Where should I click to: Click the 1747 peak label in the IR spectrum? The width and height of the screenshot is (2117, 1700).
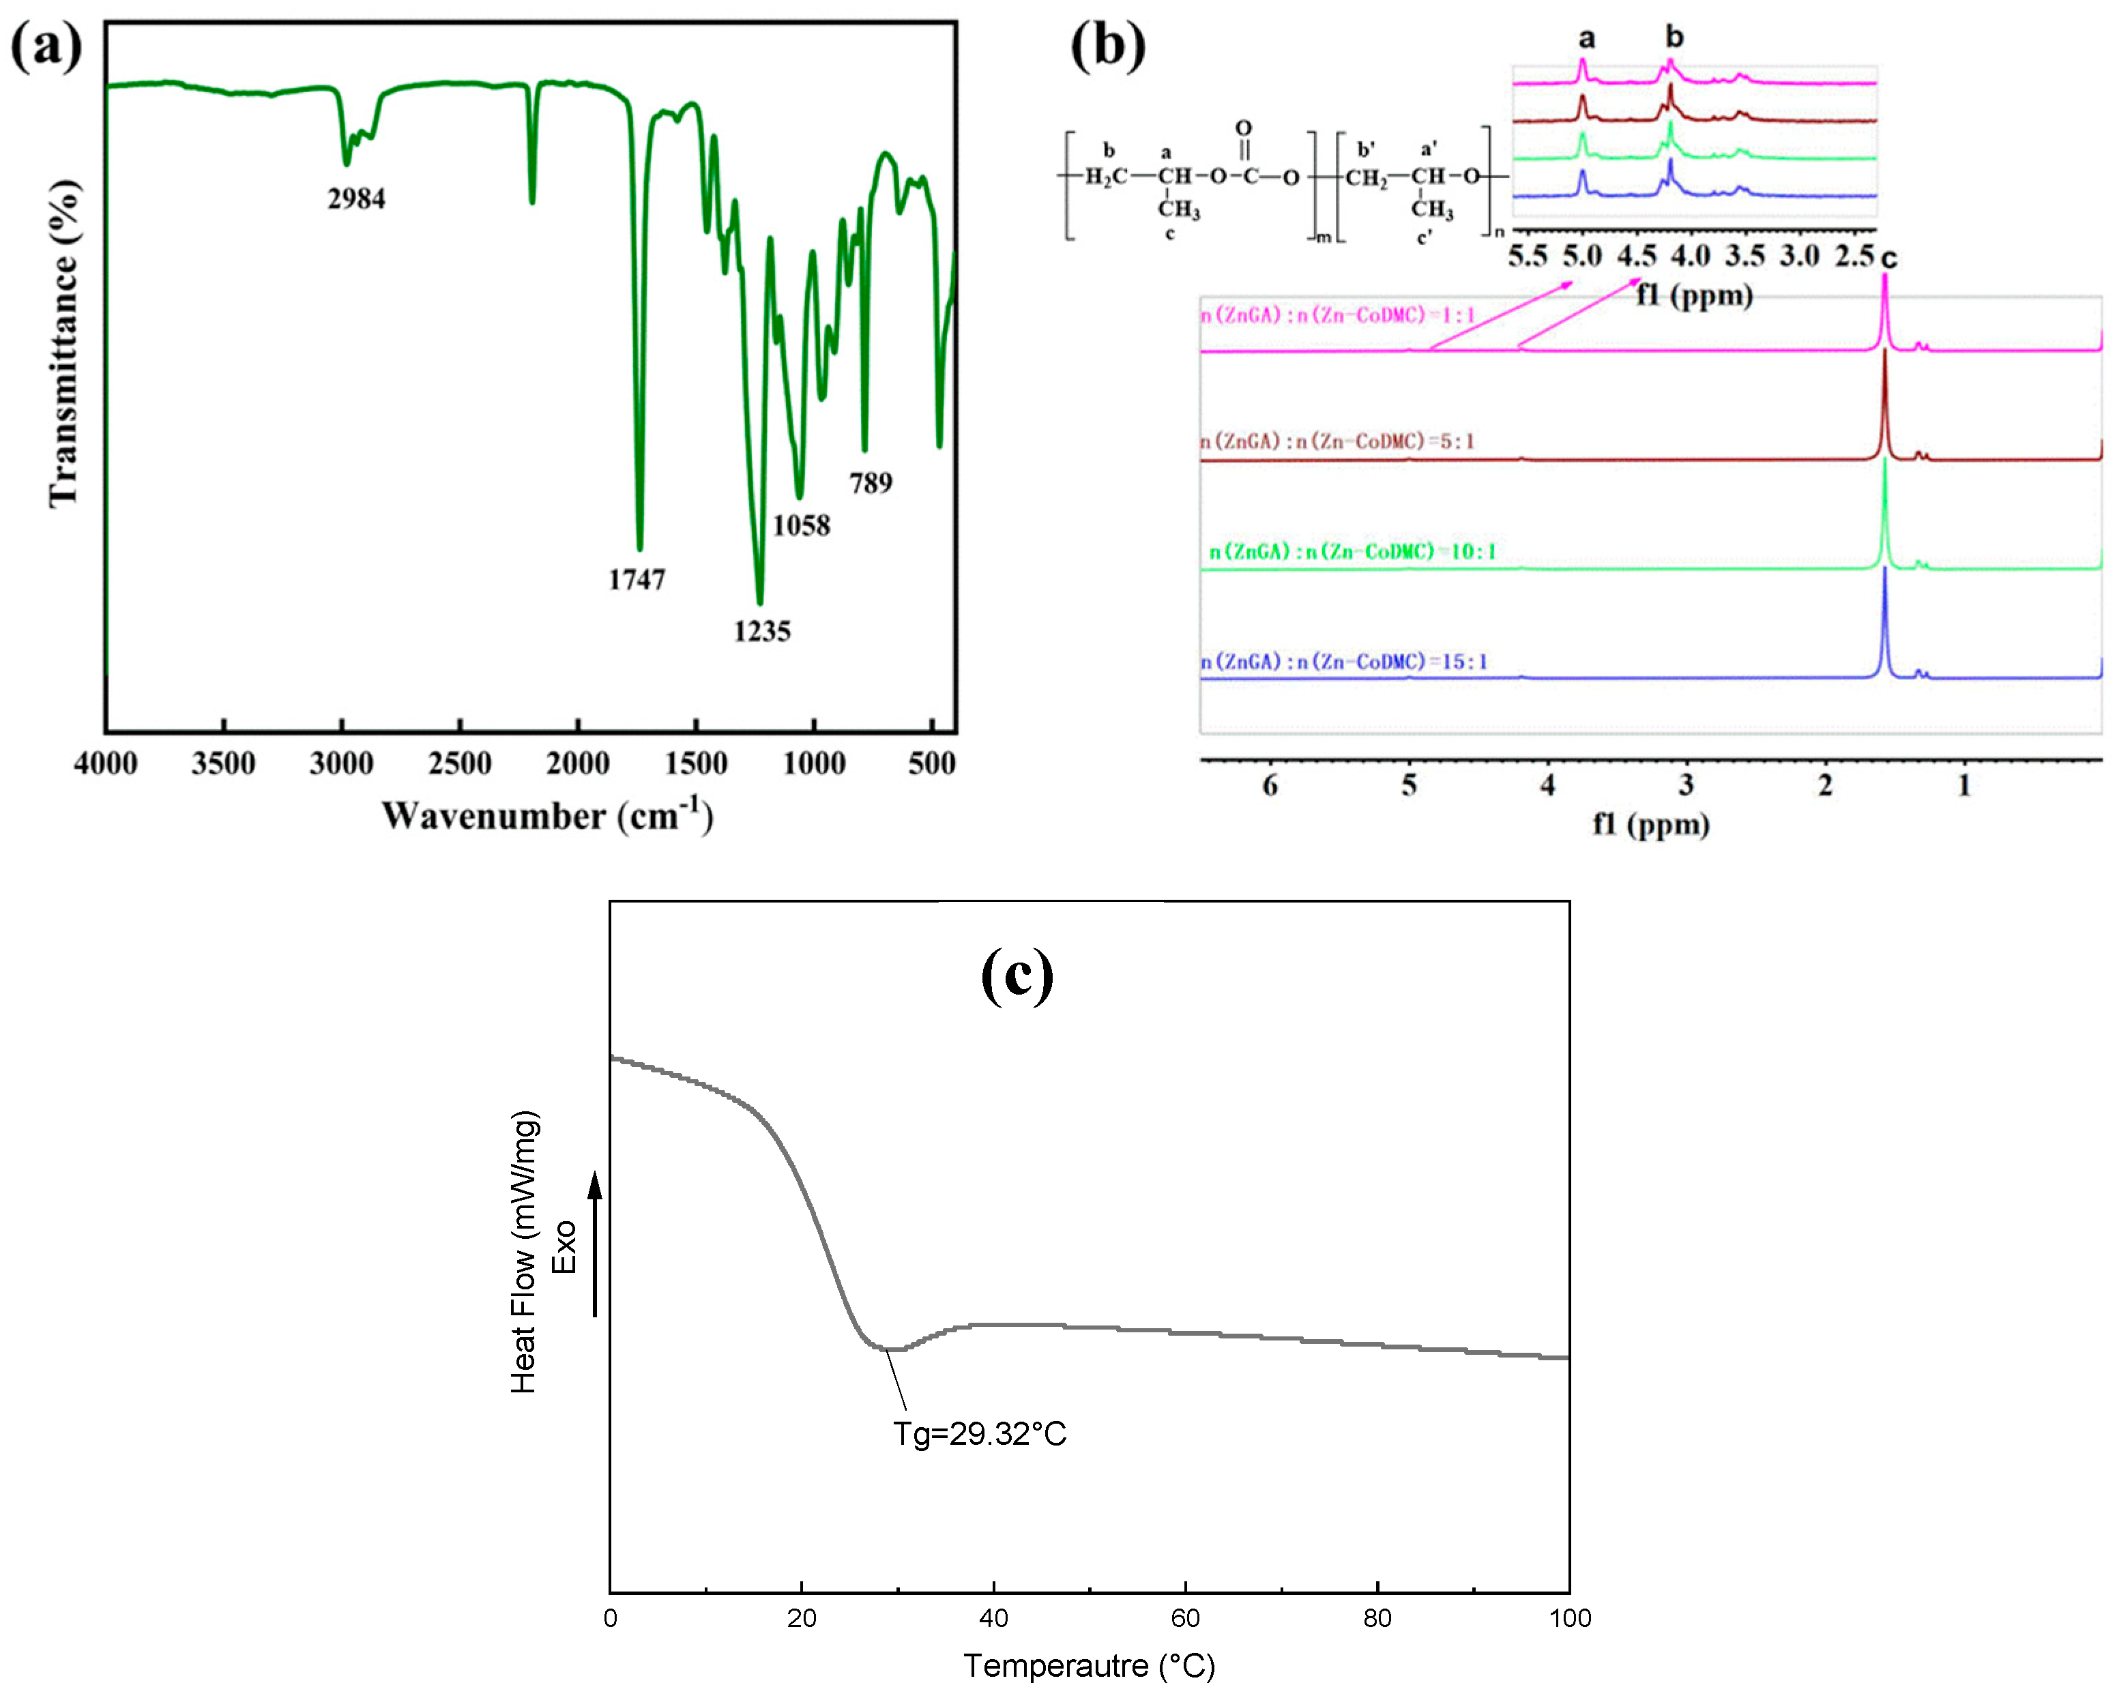click(637, 579)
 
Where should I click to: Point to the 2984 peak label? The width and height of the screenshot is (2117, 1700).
click(356, 199)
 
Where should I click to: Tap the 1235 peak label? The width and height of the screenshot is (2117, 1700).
click(762, 632)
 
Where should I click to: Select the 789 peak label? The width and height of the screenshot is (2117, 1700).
click(871, 483)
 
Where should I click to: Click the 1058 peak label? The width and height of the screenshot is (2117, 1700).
click(801, 525)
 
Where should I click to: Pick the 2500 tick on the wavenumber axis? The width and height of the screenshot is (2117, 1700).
click(460, 763)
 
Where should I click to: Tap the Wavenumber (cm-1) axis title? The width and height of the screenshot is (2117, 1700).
click(547, 815)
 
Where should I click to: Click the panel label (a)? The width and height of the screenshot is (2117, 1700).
click(46, 46)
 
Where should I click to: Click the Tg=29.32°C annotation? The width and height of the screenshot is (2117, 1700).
click(979, 1434)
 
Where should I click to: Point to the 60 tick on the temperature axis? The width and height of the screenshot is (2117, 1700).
click(1185, 1617)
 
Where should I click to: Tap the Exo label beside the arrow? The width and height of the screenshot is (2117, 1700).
click(564, 1247)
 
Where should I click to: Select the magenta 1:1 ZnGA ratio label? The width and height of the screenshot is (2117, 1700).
click(1339, 315)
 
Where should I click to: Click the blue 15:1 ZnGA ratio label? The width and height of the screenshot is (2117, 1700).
click(1343, 662)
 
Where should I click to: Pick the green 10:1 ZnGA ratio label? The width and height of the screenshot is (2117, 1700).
click(1352, 552)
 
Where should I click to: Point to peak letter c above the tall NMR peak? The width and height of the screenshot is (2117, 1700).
click(1888, 259)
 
